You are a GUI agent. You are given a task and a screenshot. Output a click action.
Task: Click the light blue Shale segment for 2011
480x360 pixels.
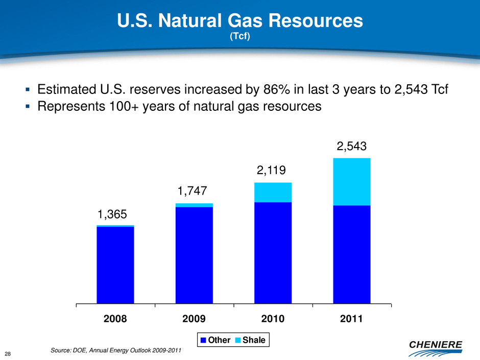click(x=351, y=182)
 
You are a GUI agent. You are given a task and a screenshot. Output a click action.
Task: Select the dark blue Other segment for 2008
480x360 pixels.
click(x=115, y=265)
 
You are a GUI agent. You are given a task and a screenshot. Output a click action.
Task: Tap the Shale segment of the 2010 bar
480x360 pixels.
click(x=273, y=192)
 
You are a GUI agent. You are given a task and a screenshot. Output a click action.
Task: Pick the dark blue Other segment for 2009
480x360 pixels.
click(x=194, y=255)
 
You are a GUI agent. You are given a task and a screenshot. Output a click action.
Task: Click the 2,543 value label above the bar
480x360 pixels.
click(x=351, y=147)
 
